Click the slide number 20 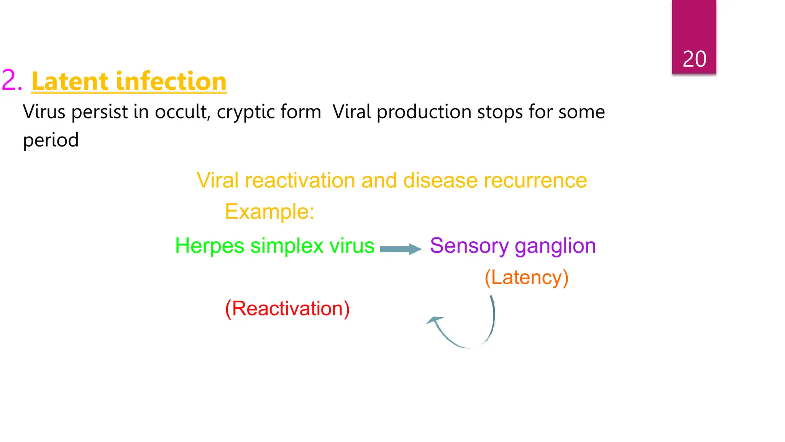pos(694,59)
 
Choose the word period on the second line pos(51,140)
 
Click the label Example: pos(269,211)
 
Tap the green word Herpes pos(209,246)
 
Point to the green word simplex pos(287,246)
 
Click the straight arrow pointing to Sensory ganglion pos(400,249)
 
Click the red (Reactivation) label pos(287,308)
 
